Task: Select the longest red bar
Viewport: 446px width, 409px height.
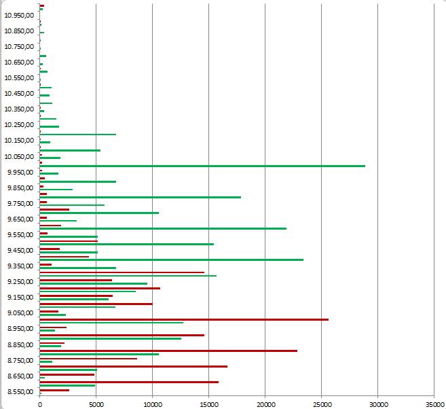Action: [x=184, y=319]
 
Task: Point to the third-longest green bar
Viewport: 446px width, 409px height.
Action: [x=163, y=228]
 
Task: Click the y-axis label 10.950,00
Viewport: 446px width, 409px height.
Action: [x=19, y=15]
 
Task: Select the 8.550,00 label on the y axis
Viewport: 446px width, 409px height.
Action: [x=20, y=391]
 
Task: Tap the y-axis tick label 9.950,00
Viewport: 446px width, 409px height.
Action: [x=20, y=172]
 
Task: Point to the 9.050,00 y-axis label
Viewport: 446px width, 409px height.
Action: [x=20, y=313]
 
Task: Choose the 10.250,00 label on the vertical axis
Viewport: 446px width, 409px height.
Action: [x=19, y=125]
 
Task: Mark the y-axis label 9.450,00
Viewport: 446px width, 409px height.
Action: [x=20, y=250]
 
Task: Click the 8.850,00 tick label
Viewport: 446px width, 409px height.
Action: [x=20, y=344]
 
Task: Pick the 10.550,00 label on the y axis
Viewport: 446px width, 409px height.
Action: [x=19, y=77]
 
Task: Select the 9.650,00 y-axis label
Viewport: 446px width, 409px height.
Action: [x=20, y=219]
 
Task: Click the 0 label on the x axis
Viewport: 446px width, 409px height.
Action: [x=40, y=402]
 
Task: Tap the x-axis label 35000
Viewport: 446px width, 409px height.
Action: [x=434, y=402]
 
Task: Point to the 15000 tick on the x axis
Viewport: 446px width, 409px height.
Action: [x=209, y=402]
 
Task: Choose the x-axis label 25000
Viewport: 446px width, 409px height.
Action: [x=322, y=402]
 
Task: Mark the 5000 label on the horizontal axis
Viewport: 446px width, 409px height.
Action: [x=96, y=402]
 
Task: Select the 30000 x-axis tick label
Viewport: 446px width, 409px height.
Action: [x=378, y=402]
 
